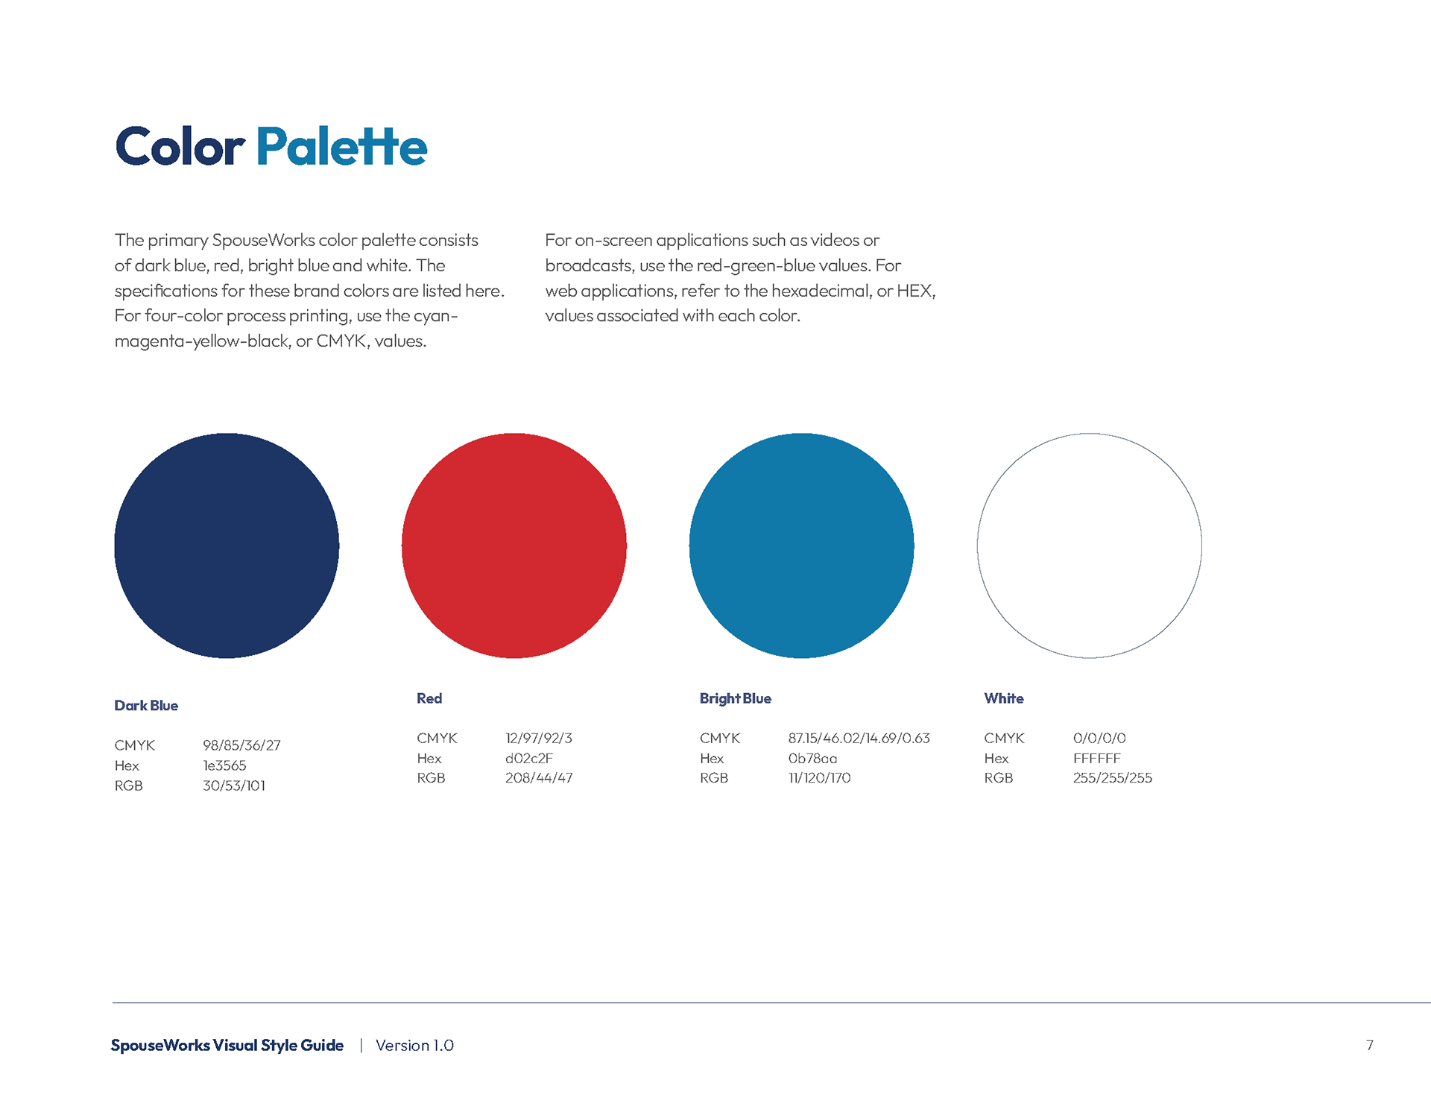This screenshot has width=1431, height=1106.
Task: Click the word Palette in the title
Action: click(x=342, y=146)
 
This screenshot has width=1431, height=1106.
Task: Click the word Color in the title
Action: click(x=180, y=146)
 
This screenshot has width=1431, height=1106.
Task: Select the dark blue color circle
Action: click(x=227, y=546)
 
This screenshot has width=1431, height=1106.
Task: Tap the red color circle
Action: click(x=514, y=546)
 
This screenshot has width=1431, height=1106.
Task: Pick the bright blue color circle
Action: click(x=802, y=546)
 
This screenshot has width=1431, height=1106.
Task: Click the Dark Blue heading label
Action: click(x=146, y=706)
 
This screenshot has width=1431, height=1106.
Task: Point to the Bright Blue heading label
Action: click(x=736, y=699)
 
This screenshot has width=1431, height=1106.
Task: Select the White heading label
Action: click(x=1004, y=698)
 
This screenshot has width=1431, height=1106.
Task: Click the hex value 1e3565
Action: click(x=224, y=765)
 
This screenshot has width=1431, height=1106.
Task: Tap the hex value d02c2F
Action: click(x=529, y=758)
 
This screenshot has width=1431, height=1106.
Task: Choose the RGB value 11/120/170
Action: click(x=820, y=778)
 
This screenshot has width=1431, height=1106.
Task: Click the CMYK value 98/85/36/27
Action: click(x=242, y=745)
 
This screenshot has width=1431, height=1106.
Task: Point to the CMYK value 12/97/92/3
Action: click(x=539, y=738)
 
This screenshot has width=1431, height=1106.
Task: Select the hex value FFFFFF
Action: click(x=1097, y=758)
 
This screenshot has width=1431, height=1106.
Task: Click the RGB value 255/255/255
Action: click(x=1113, y=778)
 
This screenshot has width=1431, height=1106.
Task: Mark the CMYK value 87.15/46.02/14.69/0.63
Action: click(x=859, y=738)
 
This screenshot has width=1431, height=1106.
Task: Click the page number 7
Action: click(x=1370, y=1046)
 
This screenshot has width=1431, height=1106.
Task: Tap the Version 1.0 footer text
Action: click(x=415, y=1046)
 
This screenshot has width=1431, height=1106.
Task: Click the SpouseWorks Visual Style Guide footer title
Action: click(x=227, y=1046)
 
